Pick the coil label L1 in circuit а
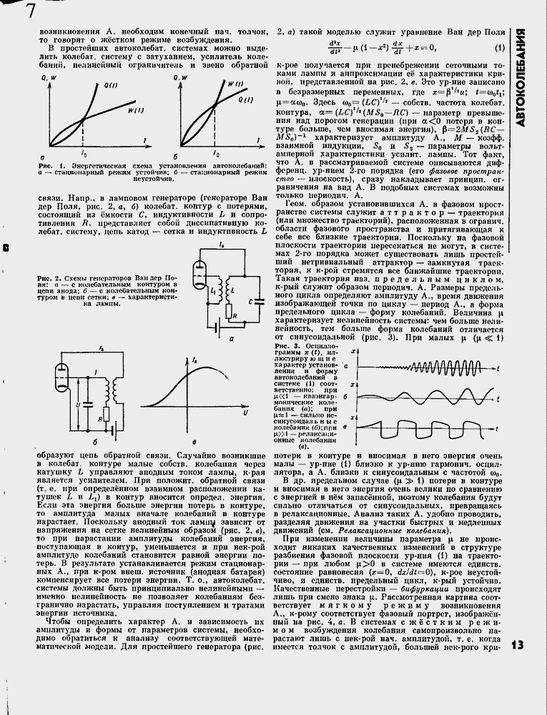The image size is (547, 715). coord(214,288)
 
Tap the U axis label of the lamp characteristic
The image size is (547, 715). coord(245,413)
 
